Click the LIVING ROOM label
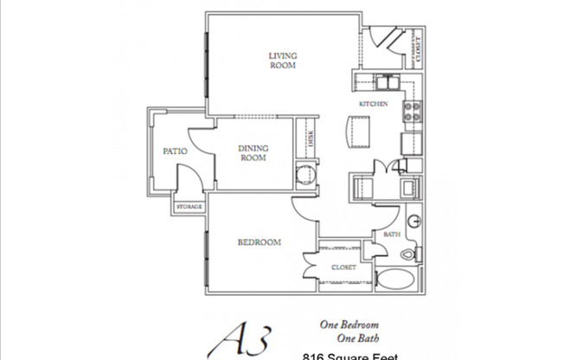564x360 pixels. [283, 60]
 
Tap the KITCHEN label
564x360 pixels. [374, 105]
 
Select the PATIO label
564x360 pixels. [176, 151]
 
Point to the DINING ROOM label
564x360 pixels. [253, 152]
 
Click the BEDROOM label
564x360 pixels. [260, 243]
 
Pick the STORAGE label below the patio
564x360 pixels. [189, 208]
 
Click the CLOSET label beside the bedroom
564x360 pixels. [344, 267]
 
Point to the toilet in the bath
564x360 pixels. [411, 254]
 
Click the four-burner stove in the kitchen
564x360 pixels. [412, 112]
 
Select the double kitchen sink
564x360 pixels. [387, 84]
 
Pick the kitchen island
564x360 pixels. [356, 132]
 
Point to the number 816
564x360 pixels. [315, 356]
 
